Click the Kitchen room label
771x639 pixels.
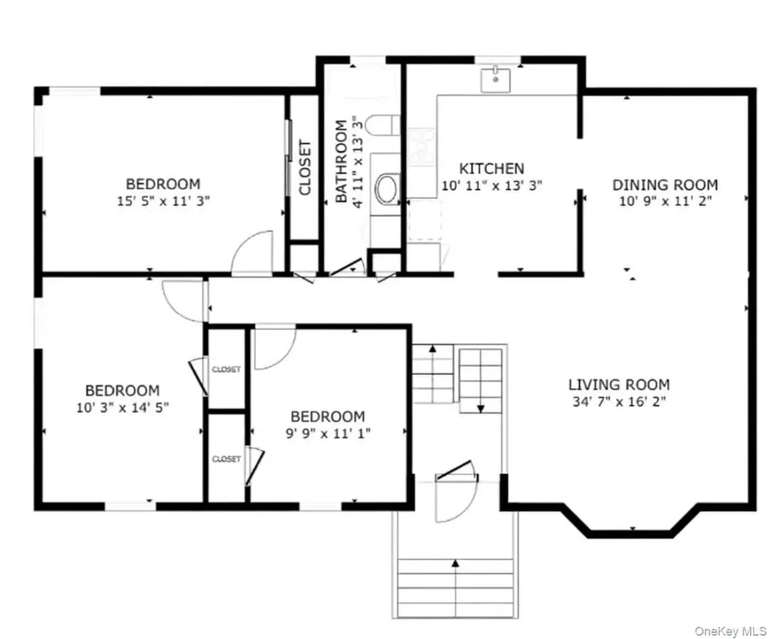click(x=491, y=168)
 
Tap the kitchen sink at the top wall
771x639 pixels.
click(x=495, y=80)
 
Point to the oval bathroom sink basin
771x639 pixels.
click(x=388, y=188)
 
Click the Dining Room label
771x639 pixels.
click(x=665, y=185)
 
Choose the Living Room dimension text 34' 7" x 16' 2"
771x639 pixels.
click(x=619, y=401)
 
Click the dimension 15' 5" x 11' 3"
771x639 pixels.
click(x=163, y=201)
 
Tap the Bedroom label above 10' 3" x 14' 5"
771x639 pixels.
click(x=123, y=390)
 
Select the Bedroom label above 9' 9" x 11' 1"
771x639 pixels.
click(x=328, y=417)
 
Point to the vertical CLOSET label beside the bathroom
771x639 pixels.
click(x=305, y=168)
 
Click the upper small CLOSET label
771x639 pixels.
click(x=226, y=369)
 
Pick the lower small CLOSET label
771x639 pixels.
click(x=226, y=459)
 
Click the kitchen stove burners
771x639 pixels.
click(x=422, y=147)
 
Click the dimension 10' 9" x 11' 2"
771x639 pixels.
click(x=665, y=201)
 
